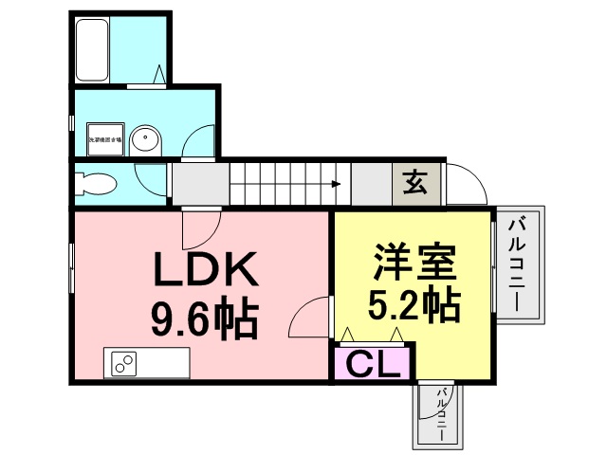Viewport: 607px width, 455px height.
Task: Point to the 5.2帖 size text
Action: coord(414,305)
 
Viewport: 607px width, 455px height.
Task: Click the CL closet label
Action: coord(373,364)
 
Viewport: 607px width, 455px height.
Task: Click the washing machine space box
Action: coord(105,139)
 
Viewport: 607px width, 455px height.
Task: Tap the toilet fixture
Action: coord(96,183)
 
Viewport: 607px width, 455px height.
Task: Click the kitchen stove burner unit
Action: coord(124,362)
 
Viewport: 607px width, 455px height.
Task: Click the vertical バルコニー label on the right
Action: coord(518,264)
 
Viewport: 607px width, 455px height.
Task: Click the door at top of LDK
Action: coord(200,227)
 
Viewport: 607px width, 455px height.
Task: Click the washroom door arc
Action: coord(200,142)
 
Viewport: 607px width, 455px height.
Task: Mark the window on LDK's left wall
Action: coord(71,269)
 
